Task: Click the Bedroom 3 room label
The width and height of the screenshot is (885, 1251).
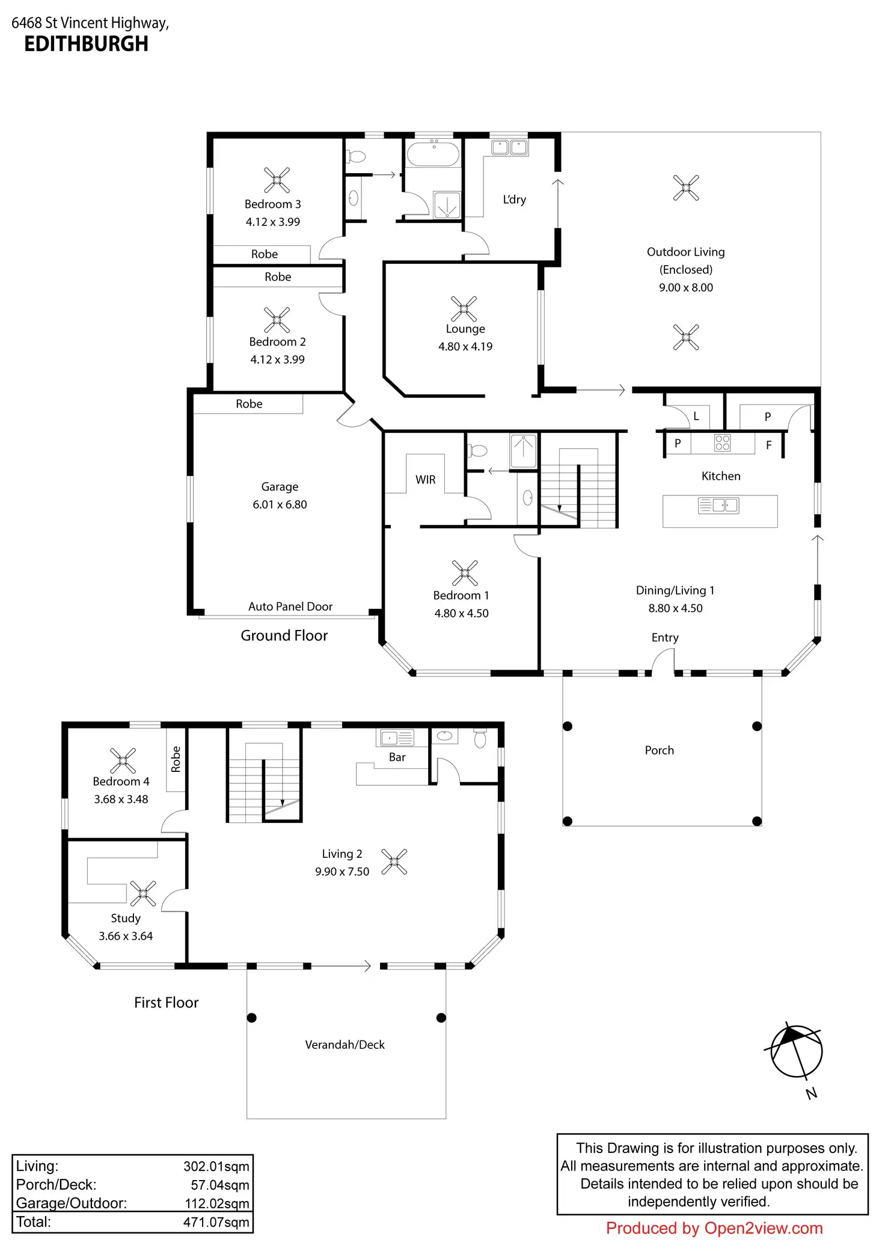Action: (x=272, y=204)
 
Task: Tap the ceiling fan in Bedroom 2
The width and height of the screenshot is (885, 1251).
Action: (x=277, y=320)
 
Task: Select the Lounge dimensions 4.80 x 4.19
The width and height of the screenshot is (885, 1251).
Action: (x=465, y=347)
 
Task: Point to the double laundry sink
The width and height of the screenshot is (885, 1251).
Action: (x=509, y=147)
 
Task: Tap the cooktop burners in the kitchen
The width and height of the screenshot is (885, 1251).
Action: (x=722, y=443)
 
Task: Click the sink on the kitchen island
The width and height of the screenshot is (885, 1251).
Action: (x=718, y=505)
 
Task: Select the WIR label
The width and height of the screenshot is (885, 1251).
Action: (x=426, y=480)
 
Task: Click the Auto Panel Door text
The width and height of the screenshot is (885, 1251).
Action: (x=290, y=607)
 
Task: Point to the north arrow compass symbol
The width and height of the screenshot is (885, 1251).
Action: (x=796, y=1051)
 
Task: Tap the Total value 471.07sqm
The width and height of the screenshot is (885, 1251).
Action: (x=216, y=1222)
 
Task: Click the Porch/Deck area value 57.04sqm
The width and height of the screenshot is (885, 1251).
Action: (x=220, y=1185)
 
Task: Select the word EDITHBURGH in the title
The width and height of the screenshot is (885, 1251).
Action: (x=86, y=44)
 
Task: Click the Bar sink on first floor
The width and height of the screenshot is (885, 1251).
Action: (x=397, y=737)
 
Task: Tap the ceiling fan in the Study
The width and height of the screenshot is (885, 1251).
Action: (x=143, y=893)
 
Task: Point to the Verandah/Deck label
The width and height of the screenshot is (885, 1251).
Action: (x=345, y=1045)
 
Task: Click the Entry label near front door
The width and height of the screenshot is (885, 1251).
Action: (x=665, y=638)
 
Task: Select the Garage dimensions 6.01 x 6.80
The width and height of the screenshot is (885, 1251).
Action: (x=280, y=504)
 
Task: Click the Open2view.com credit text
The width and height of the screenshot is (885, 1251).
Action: (x=764, y=1228)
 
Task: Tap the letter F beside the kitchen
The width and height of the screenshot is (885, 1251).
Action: (x=768, y=445)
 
